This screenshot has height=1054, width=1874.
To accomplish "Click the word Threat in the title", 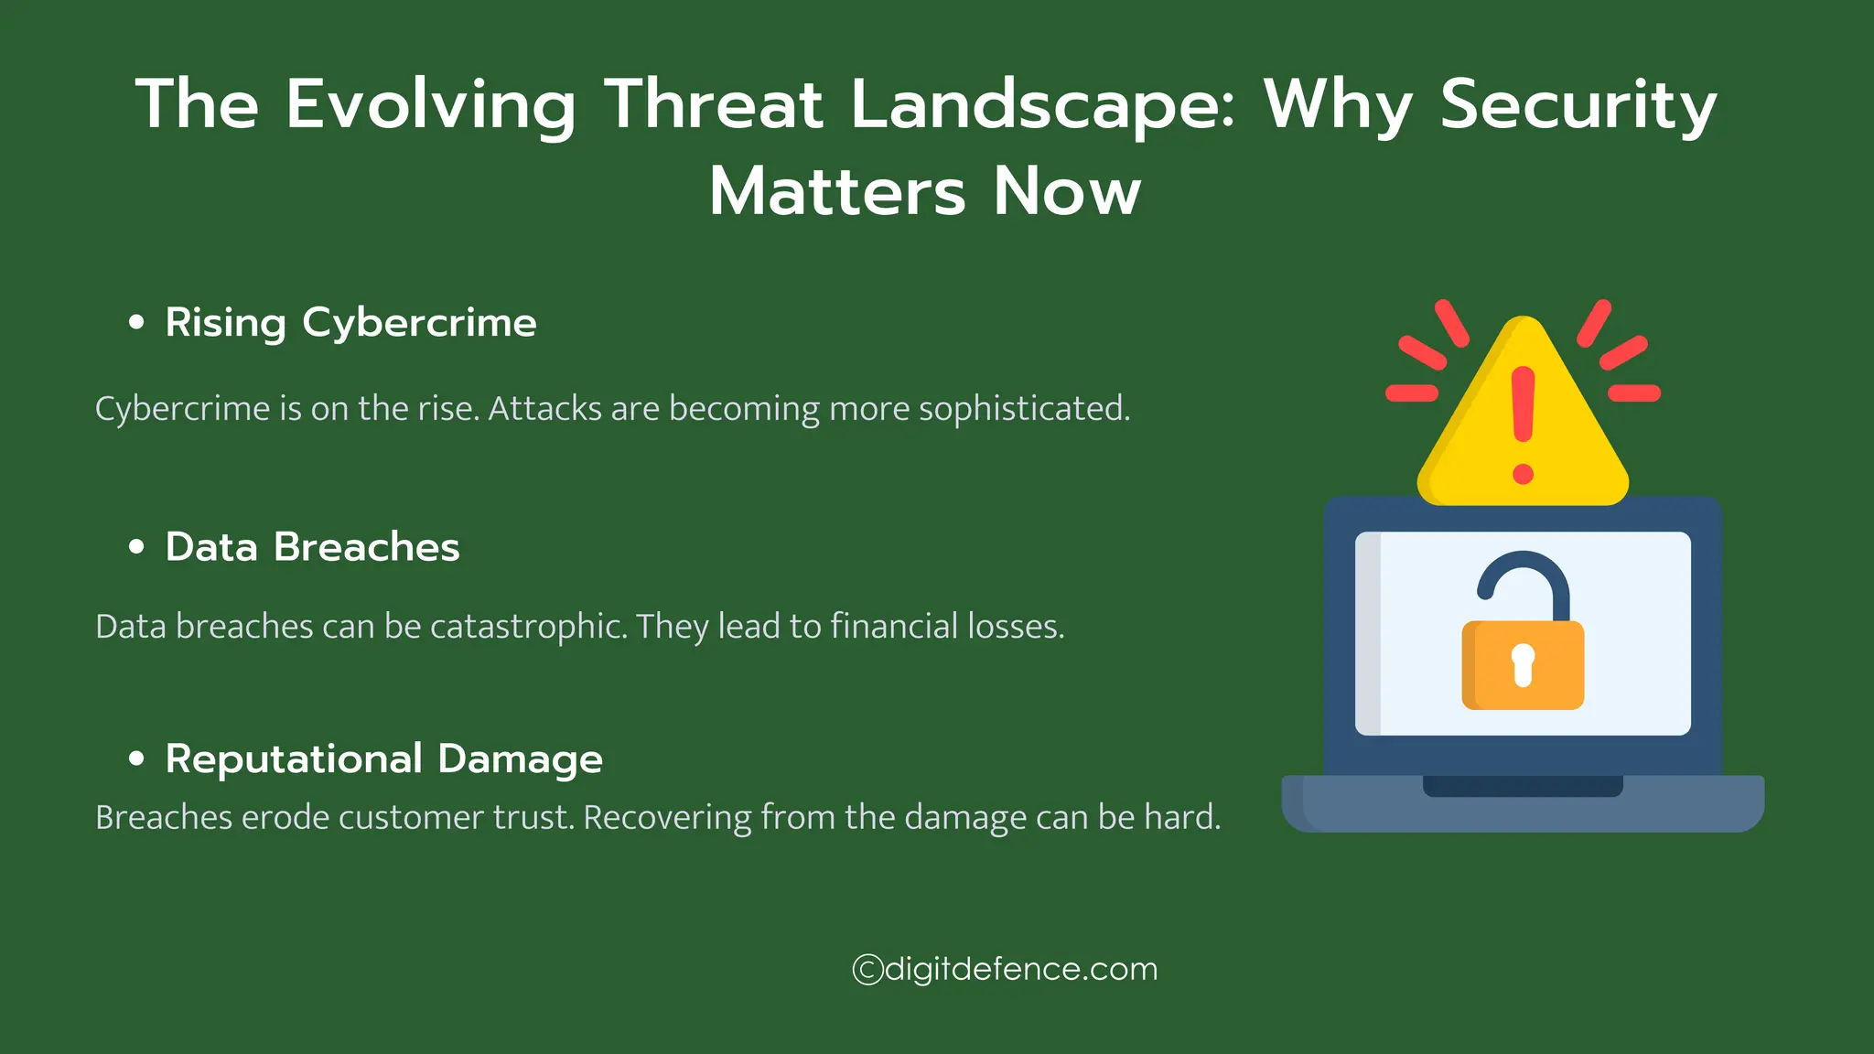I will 713,104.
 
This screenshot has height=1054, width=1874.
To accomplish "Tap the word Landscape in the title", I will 1042,104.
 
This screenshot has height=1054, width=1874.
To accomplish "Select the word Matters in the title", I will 836,192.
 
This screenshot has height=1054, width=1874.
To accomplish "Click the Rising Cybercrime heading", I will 350,323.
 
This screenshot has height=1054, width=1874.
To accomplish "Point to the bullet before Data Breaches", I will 137,547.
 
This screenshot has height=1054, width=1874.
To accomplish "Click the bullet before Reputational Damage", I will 137,758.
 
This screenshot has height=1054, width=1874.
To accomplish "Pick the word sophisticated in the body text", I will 1024,409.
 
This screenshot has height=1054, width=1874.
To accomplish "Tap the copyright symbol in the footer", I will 867,970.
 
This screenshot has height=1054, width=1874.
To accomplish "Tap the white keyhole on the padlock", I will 1523,664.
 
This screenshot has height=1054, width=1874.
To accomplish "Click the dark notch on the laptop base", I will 1523,786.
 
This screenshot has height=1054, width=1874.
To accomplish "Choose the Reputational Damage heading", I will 383,759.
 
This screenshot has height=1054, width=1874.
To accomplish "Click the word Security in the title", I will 1578,104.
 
